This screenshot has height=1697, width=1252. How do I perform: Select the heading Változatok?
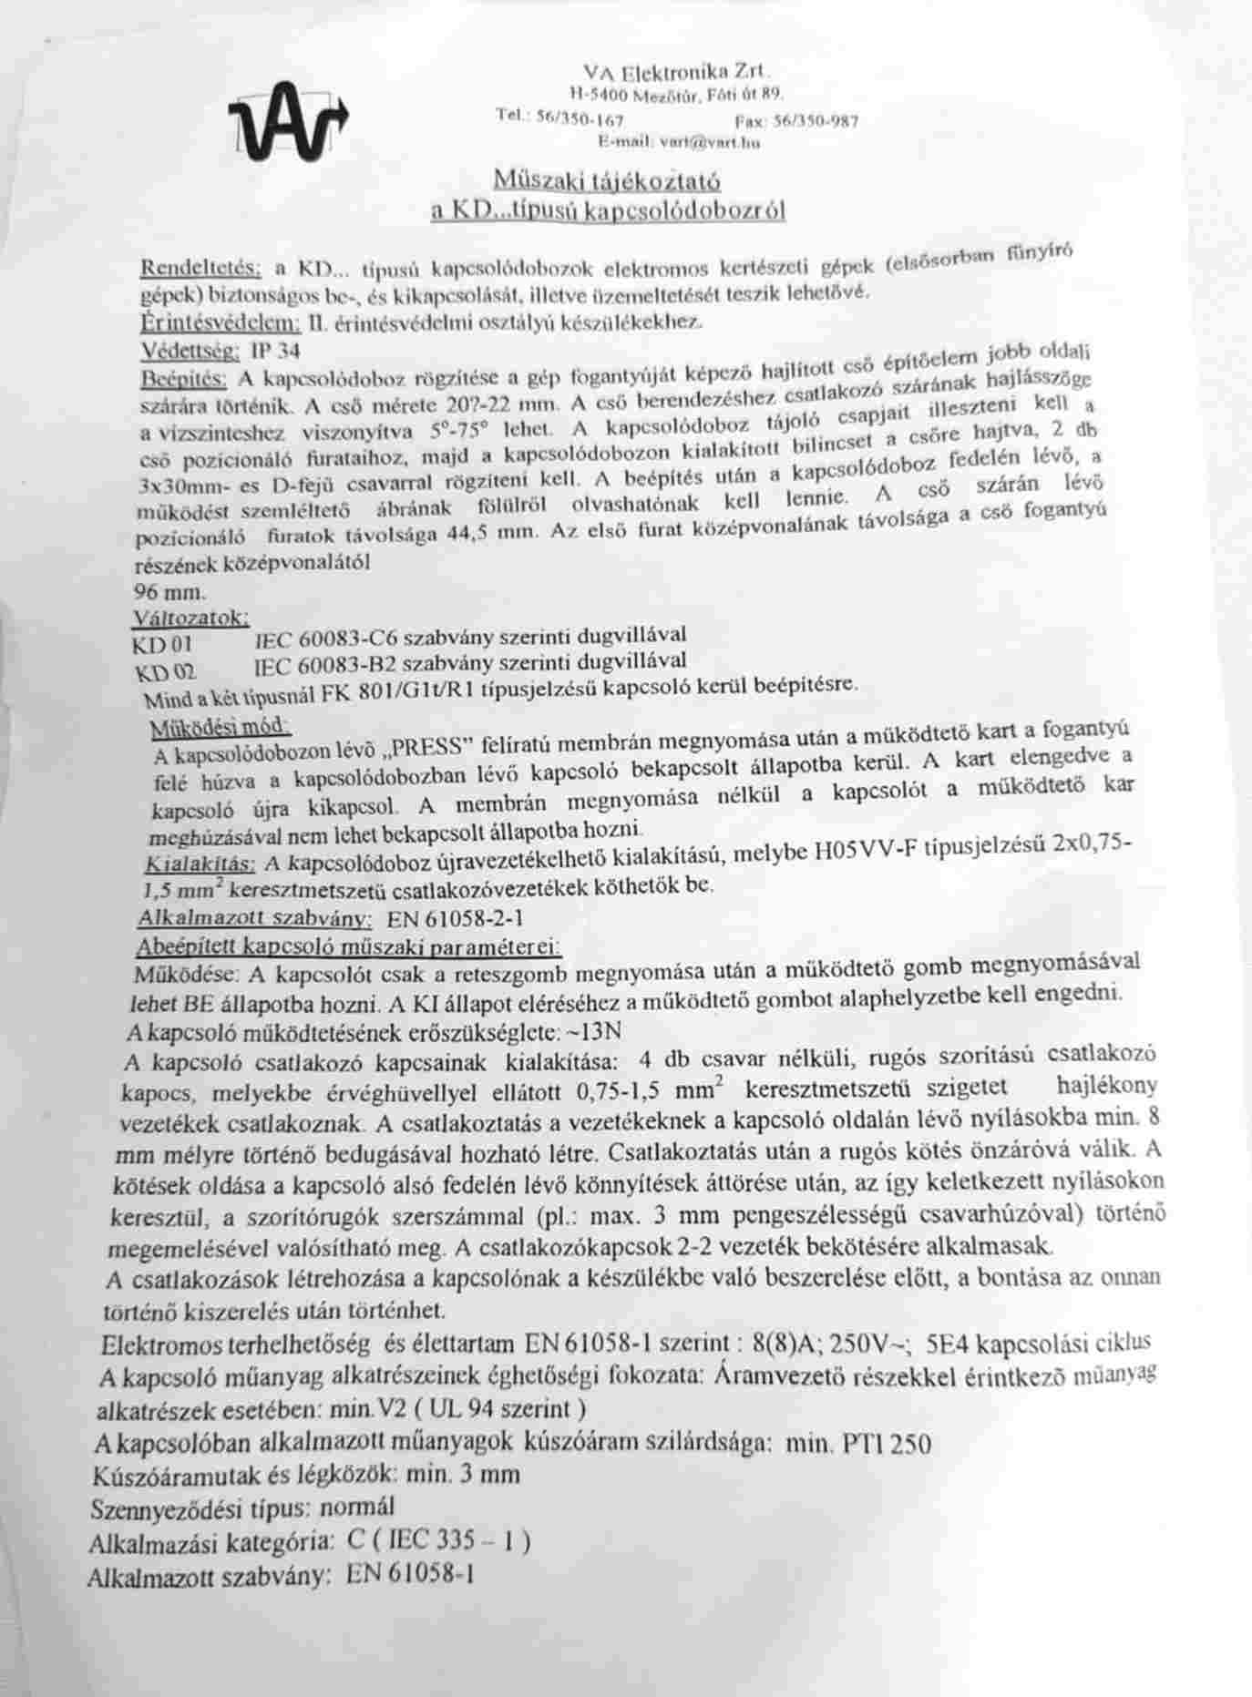coord(190,618)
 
